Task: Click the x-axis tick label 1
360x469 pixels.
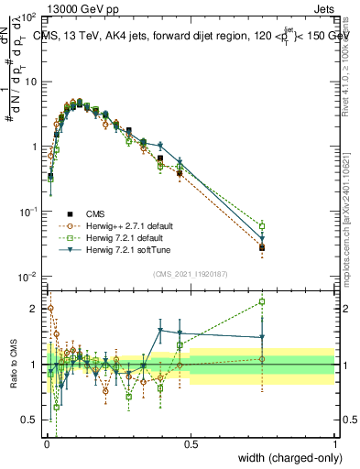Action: click(x=334, y=444)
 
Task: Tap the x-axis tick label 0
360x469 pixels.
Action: click(x=46, y=444)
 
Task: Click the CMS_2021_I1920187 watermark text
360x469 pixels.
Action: click(x=191, y=274)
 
